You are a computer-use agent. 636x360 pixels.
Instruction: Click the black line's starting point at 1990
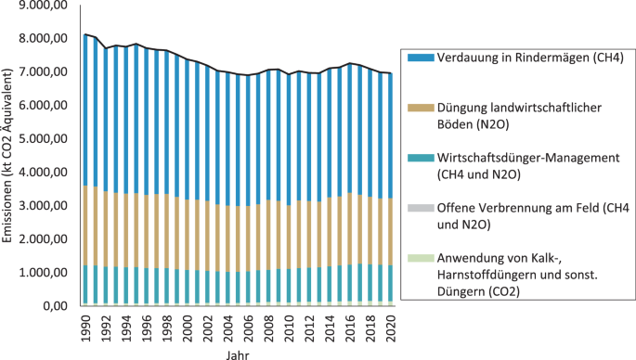tap(86, 34)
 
